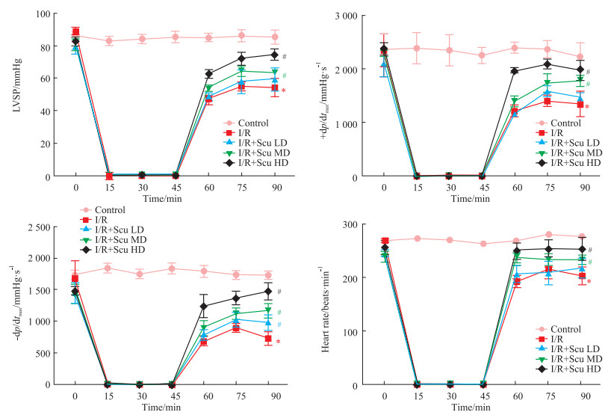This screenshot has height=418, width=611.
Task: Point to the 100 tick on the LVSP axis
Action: tap(41, 14)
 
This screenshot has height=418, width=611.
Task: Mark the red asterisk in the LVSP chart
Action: tap(283, 91)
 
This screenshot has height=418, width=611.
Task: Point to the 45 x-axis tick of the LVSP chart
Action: tap(175, 188)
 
